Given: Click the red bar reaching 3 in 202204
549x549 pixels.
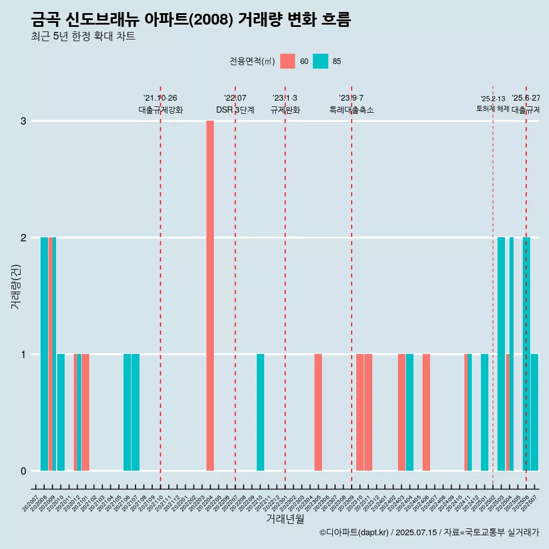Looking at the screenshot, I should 210,296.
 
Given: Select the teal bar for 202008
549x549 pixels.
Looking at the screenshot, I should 44,354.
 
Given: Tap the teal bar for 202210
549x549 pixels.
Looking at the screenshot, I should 260,412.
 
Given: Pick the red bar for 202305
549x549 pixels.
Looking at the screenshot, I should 318,412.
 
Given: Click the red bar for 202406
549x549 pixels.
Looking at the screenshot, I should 426,412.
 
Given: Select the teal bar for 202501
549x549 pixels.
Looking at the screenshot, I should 484,412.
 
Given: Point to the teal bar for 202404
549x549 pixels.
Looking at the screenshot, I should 409,412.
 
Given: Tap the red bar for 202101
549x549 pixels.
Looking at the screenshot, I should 85,412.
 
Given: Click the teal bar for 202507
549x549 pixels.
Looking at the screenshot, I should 534,412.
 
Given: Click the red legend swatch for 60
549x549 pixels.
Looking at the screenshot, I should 288,61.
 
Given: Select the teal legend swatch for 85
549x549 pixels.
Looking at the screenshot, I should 321,61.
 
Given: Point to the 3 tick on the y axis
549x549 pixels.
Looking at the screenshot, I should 23,121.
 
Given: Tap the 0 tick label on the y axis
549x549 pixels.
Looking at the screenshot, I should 23,471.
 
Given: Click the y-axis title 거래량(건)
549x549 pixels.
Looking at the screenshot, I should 16,286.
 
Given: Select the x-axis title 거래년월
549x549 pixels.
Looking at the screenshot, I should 285,518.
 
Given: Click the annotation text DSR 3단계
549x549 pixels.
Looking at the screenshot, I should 235,110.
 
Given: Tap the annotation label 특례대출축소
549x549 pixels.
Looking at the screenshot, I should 351,110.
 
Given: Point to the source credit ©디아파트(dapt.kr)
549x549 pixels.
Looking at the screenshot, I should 354,532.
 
